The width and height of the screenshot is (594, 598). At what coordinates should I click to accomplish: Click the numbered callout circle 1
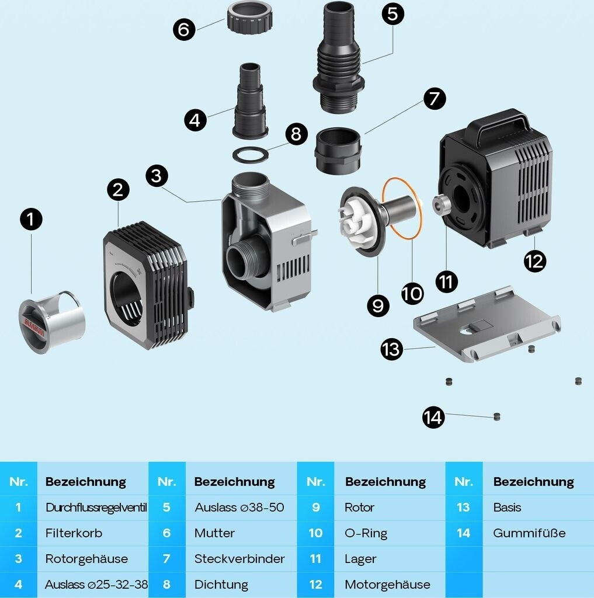[x=31, y=220]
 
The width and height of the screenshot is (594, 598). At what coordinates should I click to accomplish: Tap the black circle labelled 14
[x=433, y=418]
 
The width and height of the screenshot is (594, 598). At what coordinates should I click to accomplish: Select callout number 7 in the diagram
[x=433, y=99]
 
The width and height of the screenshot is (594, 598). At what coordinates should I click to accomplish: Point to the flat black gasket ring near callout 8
[x=251, y=155]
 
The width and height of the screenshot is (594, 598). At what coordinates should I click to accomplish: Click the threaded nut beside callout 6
[x=250, y=18]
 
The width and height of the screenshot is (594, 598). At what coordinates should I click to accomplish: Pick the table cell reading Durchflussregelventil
[x=96, y=507]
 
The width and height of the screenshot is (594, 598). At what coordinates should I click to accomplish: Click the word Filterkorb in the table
[x=74, y=533]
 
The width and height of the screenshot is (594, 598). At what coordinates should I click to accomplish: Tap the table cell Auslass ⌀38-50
[x=239, y=507]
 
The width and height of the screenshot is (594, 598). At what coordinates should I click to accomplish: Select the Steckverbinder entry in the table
[x=239, y=559]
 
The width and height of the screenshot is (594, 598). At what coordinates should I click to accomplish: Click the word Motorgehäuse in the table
[x=387, y=585]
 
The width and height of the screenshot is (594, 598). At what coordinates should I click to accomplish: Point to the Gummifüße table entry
[x=529, y=533]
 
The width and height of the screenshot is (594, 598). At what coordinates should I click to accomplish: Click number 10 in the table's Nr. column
[x=315, y=533]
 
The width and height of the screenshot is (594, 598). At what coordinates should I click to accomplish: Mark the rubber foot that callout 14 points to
[x=496, y=417]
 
